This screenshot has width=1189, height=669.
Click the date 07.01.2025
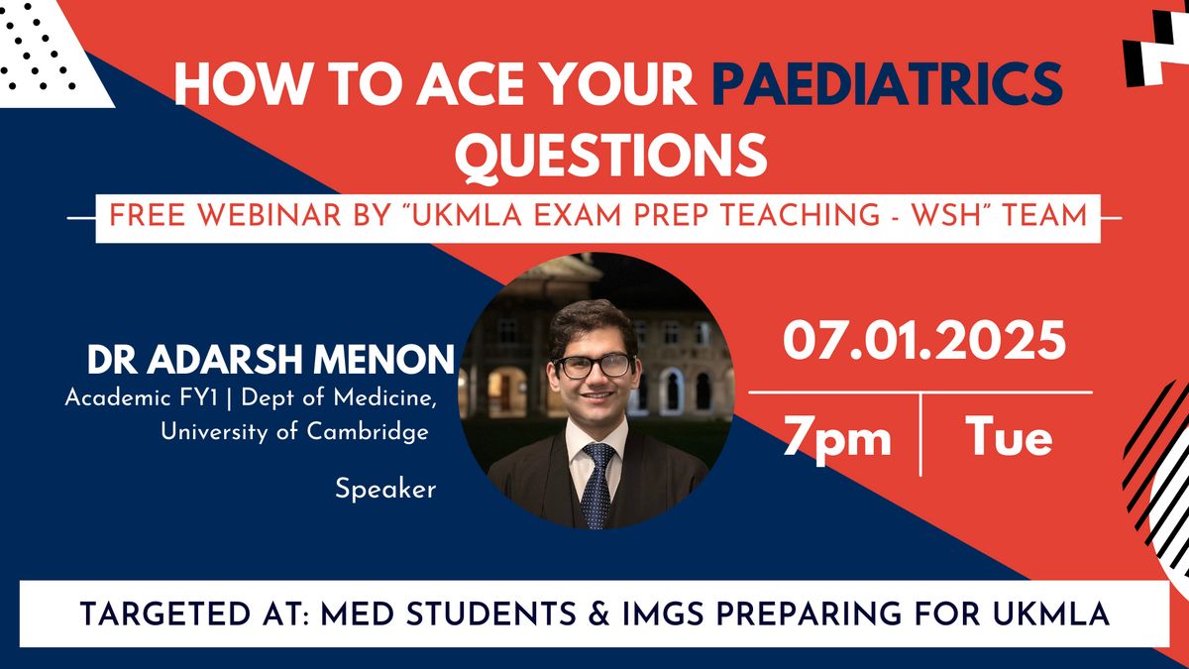coord(924,341)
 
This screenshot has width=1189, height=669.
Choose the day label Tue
coord(1008,436)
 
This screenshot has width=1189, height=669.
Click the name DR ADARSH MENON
coord(270,360)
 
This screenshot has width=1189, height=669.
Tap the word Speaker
coord(385,489)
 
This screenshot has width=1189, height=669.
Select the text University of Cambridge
coord(294,431)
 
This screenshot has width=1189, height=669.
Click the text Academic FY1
coord(141,397)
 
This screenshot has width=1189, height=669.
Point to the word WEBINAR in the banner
coord(270,216)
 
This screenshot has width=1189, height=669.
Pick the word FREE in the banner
coord(147,216)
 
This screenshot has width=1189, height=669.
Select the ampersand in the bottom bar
coord(599,614)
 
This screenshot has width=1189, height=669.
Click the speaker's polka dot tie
coord(597,486)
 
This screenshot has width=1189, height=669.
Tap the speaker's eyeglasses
coord(594,367)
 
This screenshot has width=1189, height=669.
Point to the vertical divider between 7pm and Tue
coord(920,435)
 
